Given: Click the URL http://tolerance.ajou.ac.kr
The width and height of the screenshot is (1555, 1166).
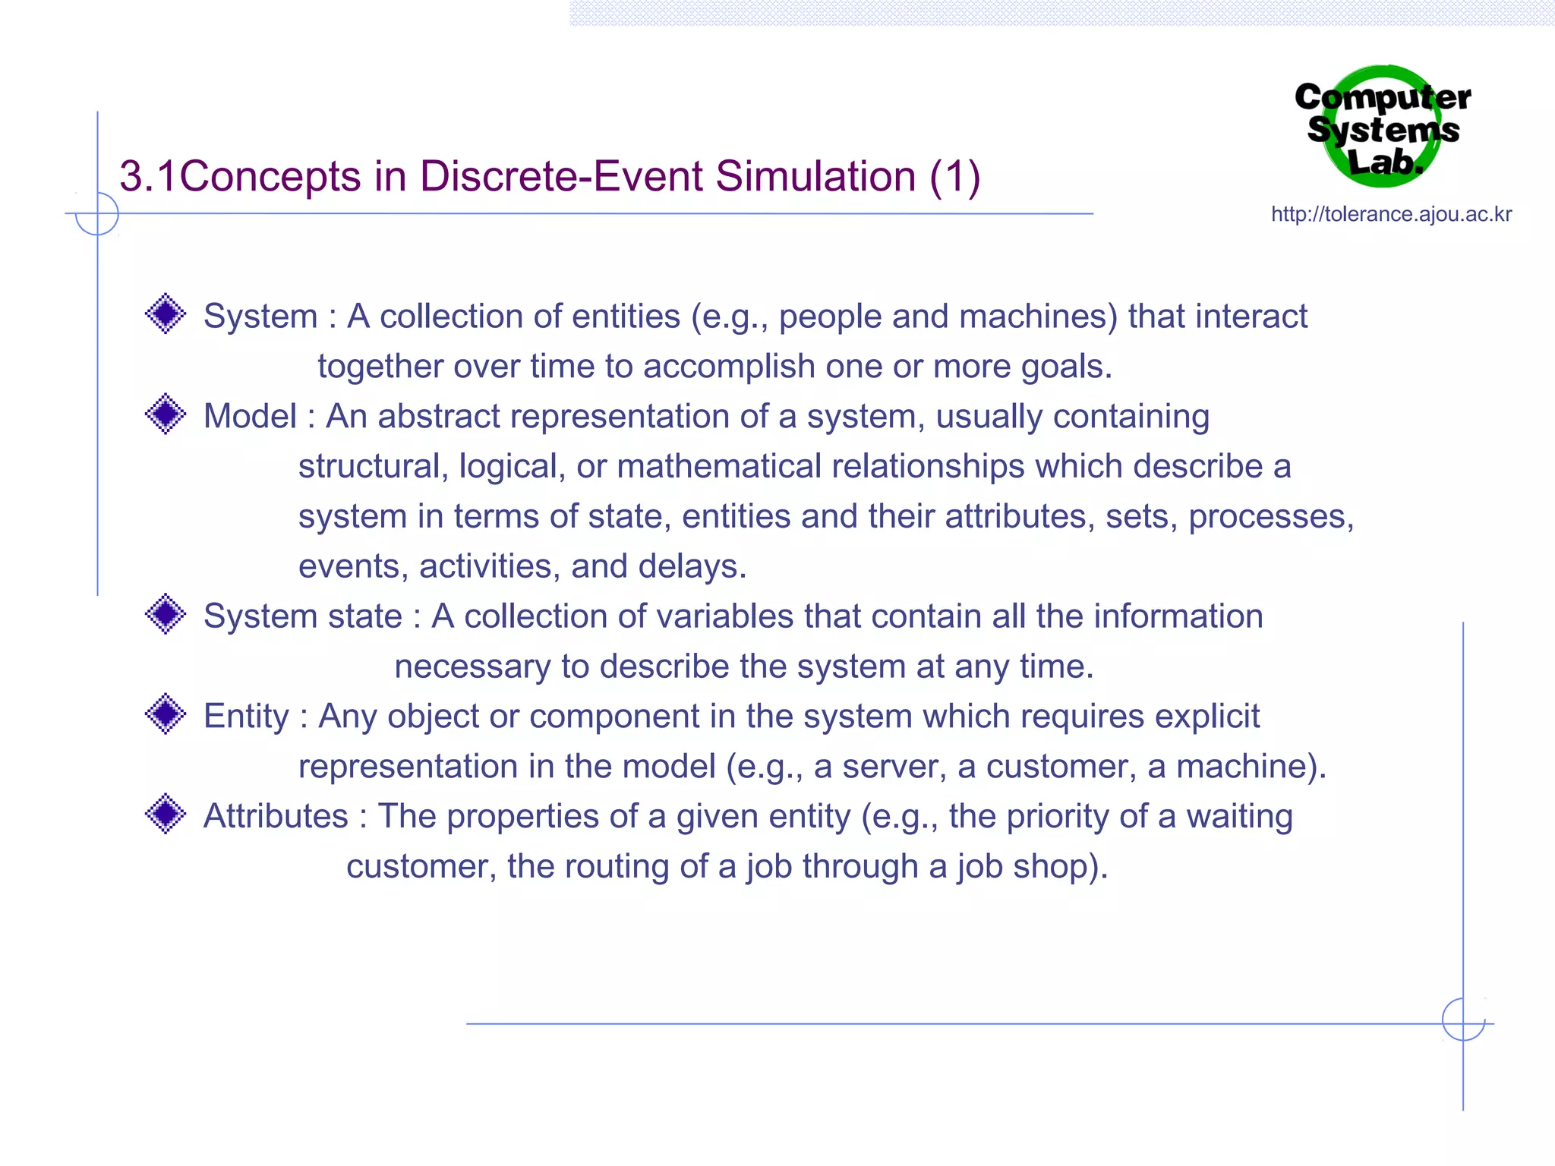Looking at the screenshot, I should (x=1391, y=214).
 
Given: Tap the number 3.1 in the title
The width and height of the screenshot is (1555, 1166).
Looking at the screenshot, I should (x=149, y=177).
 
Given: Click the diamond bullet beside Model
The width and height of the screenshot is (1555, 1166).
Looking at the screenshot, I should (x=166, y=414).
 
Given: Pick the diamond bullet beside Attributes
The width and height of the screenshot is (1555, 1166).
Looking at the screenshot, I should (x=166, y=815).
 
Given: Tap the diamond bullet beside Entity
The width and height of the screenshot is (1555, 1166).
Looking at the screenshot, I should (x=166, y=714).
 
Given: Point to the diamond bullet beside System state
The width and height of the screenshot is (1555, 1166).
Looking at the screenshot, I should (x=166, y=614).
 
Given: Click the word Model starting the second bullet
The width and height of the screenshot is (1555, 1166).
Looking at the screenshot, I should (x=250, y=417).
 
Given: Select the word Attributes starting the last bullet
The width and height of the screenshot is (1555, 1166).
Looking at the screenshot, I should (x=276, y=817).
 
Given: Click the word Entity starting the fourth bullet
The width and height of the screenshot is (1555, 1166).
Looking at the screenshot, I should (x=246, y=717).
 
